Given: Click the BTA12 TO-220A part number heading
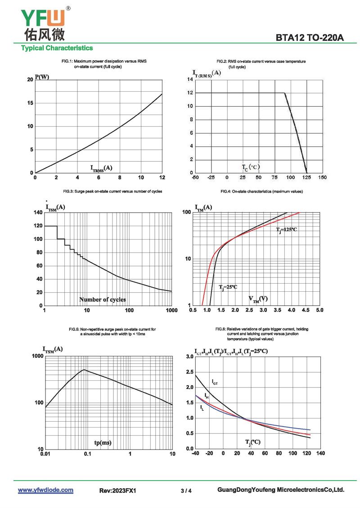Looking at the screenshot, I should tap(310, 38).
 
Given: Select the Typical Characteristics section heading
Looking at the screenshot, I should tap(57, 48).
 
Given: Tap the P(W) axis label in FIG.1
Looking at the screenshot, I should tap(42, 77).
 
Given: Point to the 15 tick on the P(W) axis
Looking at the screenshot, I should tap(30, 103).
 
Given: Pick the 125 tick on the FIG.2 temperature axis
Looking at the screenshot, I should tap(306, 177).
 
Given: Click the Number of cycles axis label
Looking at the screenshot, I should tap(103, 299).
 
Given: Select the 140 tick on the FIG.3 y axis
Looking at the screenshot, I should tap(37, 212).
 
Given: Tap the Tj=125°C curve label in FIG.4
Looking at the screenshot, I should tap(286, 230).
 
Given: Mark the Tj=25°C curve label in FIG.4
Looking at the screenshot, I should tap(228, 287).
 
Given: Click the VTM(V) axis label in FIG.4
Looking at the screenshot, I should tap(258, 299).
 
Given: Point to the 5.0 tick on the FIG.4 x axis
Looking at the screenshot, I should tap(319, 310).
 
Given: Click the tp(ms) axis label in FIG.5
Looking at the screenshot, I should tap(103, 443).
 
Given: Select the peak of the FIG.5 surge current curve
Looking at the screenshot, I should tap(84, 370).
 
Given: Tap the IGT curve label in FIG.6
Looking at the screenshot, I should tap(215, 382).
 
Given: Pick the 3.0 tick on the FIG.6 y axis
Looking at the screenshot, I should tap(189, 356).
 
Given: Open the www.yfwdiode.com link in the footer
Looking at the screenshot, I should tap(45, 490).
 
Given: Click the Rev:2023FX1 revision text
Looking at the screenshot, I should tap(117, 490).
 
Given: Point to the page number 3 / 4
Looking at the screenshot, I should tap(186, 490).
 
